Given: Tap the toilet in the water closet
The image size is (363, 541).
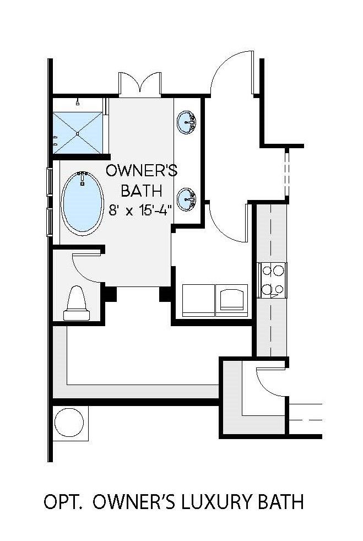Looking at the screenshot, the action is (x=77, y=304).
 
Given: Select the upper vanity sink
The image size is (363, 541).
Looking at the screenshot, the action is (x=186, y=121).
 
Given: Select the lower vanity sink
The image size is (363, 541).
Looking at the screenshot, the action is (x=186, y=199).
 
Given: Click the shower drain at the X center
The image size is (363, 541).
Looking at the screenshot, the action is (x=78, y=133).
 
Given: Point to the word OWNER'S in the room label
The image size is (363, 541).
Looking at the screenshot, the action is (x=142, y=171).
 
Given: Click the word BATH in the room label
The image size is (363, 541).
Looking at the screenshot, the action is (x=142, y=191).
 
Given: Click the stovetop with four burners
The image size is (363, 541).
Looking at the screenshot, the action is (x=272, y=280).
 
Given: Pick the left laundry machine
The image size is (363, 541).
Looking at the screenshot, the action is (x=198, y=300).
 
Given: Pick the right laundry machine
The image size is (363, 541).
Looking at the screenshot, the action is (x=231, y=300).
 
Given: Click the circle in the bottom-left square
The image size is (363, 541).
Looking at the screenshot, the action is (x=69, y=423).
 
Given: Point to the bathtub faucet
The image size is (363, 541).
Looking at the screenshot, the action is (x=82, y=177).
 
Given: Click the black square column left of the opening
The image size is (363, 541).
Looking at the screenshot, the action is (x=110, y=294).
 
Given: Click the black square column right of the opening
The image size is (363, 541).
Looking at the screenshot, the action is (x=165, y=294).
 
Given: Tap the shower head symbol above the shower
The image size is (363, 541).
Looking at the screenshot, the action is (x=78, y=102).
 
